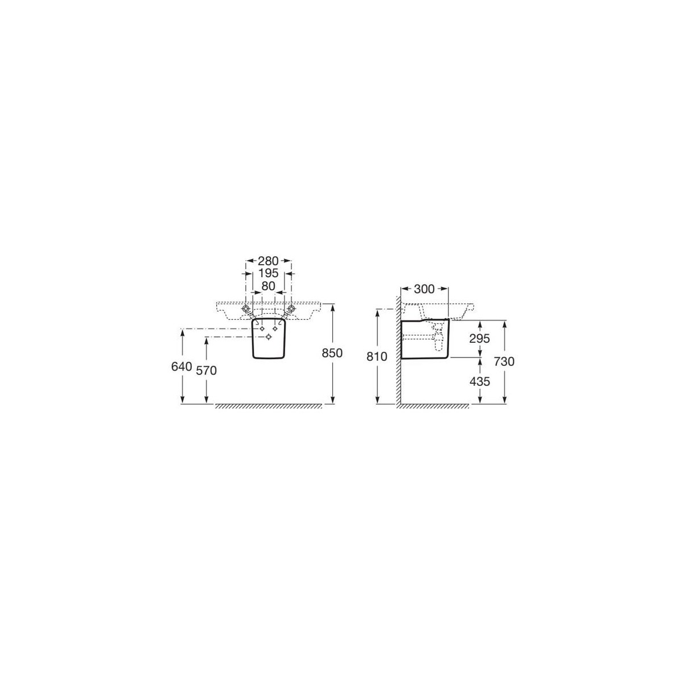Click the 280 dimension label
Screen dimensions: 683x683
click(x=268, y=261)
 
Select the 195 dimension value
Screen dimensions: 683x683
click(x=268, y=274)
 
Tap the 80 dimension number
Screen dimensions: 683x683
click(x=268, y=286)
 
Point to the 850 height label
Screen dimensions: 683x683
click(x=332, y=353)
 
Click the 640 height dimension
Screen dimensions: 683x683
click(x=182, y=367)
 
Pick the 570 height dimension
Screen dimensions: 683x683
click(x=206, y=370)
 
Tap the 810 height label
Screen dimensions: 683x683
click(x=377, y=357)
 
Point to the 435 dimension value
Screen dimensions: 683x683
click(x=480, y=381)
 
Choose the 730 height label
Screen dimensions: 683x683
click(x=504, y=361)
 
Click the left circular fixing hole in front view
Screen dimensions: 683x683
click(x=246, y=308)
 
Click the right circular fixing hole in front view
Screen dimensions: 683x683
click(x=291, y=308)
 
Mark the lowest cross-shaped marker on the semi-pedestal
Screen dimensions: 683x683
click(x=269, y=337)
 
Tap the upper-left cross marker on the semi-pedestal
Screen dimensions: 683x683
click(x=261, y=328)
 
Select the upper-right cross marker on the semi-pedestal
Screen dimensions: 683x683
click(x=275, y=328)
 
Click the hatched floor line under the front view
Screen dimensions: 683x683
click(x=268, y=406)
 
